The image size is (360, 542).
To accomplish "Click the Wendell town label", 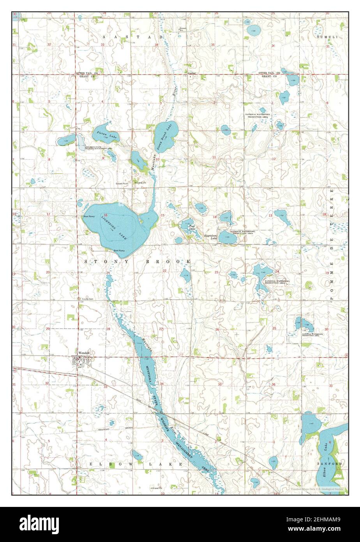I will click(x=84, y=352).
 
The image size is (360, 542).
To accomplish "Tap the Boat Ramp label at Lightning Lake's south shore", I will click(x=119, y=250).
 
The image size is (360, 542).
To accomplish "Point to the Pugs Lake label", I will click(x=191, y=227).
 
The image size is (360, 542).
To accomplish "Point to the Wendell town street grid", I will click(x=82, y=362).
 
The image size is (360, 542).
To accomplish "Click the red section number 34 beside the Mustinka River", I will click(x=162, y=384).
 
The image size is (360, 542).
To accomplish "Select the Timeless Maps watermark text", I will click(x=317, y=488).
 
